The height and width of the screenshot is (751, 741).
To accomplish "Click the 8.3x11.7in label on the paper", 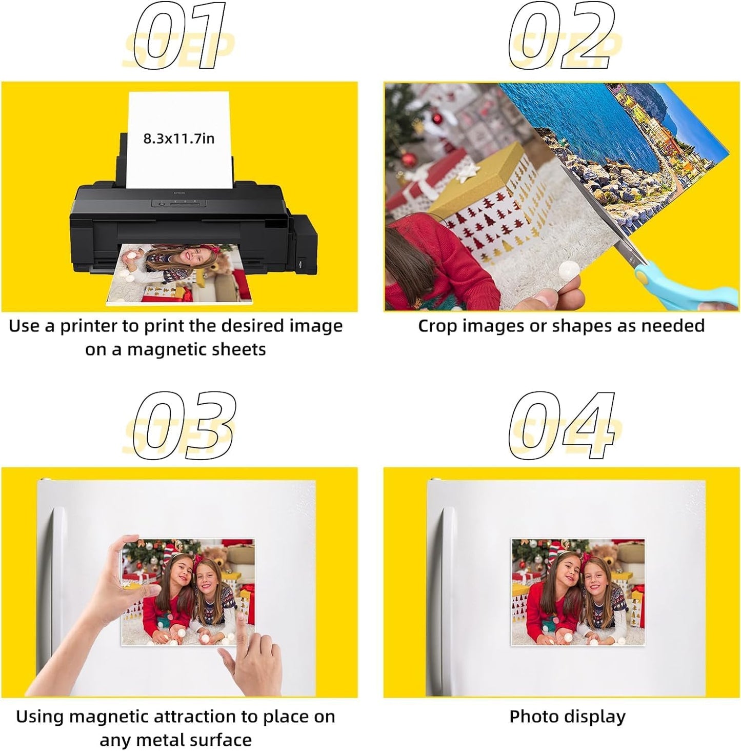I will (178, 138).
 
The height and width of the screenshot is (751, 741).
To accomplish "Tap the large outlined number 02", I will (562, 37).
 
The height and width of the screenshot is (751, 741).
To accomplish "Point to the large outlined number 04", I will (562, 425).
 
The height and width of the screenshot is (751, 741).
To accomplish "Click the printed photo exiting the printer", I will (179, 274).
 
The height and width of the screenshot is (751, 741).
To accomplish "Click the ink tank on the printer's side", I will (303, 241).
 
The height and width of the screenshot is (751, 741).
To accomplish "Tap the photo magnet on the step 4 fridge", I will (578, 592).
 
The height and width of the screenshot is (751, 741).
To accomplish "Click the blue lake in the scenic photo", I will (590, 123).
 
